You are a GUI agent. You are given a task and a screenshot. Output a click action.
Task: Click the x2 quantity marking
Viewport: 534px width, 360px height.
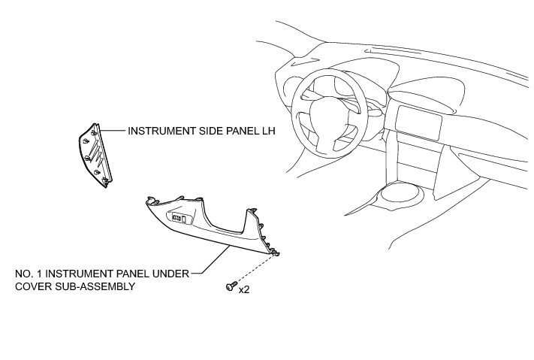244,288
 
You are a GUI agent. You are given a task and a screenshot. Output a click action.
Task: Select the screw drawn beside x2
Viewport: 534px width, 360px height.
229,286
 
